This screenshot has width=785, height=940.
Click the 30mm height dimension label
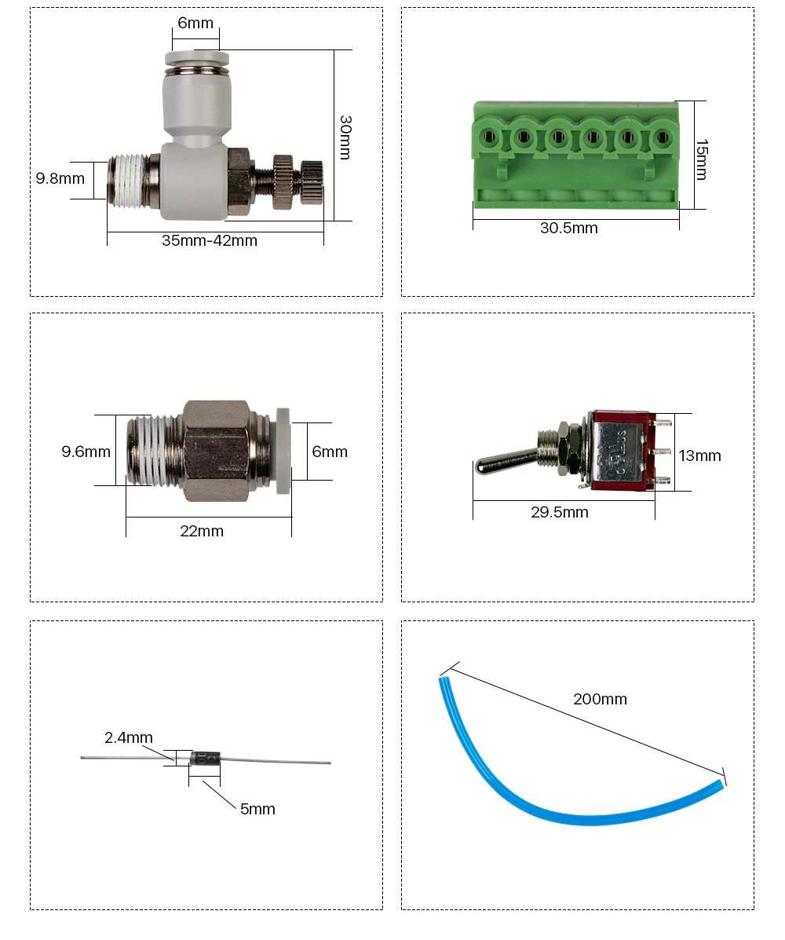tap(345, 137)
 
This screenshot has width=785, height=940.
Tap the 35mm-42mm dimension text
tap(210, 240)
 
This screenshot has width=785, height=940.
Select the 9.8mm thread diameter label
tap(60, 178)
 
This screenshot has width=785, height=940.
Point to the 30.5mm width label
tap(568, 228)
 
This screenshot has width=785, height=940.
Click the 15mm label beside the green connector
tap(702, 159)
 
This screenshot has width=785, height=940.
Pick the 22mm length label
tap(202, 531)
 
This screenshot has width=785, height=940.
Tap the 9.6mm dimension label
tap(86, 452)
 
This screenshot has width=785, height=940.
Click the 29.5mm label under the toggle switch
tap(560, 512)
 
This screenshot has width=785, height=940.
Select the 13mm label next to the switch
tap(700, 455)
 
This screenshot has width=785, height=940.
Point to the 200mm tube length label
tap(600, 699)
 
